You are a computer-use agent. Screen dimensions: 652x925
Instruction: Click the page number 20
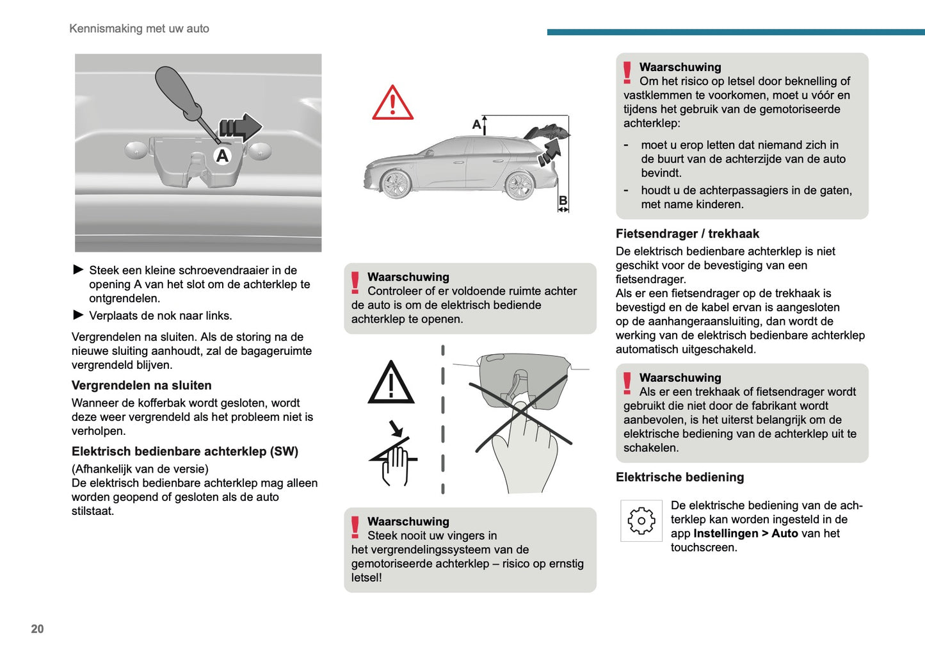(x=37, y=629)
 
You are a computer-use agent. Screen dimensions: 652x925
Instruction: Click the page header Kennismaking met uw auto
(x=139, y=28)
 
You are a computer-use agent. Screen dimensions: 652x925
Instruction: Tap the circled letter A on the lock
(x=221, y=156)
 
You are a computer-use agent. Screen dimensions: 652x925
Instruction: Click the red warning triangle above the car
(x=392, y=103)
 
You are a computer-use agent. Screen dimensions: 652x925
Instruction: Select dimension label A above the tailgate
(x=476, y=124)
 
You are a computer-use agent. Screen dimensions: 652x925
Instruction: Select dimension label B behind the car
(x=563, y=200)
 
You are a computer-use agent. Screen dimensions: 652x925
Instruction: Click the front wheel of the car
(x=396, y=184)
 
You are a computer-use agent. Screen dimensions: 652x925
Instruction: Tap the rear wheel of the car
(x=519, y=186)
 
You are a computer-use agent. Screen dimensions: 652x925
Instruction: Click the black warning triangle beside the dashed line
(x=390, y=383)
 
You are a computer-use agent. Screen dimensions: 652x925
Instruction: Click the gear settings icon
(x=641, y=521)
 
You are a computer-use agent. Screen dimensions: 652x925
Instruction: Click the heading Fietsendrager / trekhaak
(x=687, y=234)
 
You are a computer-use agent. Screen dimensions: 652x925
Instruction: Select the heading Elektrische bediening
(x=679, y=477)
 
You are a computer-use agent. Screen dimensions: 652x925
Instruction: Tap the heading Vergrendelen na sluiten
(x=141, y=386)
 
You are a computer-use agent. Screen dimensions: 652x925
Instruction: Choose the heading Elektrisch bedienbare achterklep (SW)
(x=184, y=452)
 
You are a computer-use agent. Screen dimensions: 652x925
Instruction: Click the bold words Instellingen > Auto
(x=745, y=534)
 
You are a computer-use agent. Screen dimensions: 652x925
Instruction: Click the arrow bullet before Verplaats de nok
(x=78, y=314)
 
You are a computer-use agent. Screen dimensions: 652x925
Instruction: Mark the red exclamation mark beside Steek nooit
(x=355, y=527)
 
